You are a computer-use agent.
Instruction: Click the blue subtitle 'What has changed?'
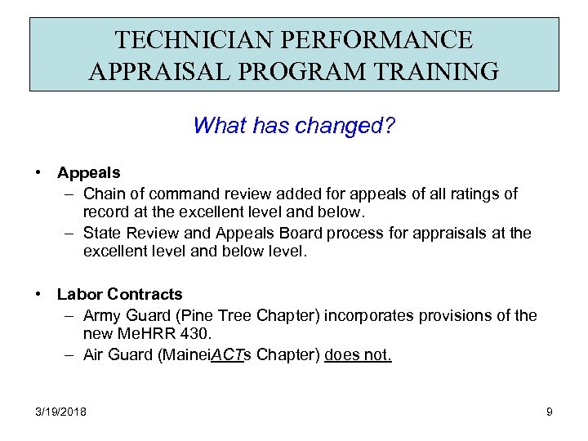pos(294,126)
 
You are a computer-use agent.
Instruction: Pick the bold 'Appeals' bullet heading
pos(88,173)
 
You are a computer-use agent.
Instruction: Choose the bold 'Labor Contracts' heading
pos(119,294)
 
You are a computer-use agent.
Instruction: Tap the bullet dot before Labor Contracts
pos(38,294)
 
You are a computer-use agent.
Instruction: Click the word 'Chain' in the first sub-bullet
pos(102,194)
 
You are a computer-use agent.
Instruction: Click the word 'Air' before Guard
pos(94,355)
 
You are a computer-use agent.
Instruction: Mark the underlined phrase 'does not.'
pos(358,355)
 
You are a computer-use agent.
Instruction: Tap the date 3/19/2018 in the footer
pos(61,412)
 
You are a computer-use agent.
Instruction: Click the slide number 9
pos(549,412)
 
